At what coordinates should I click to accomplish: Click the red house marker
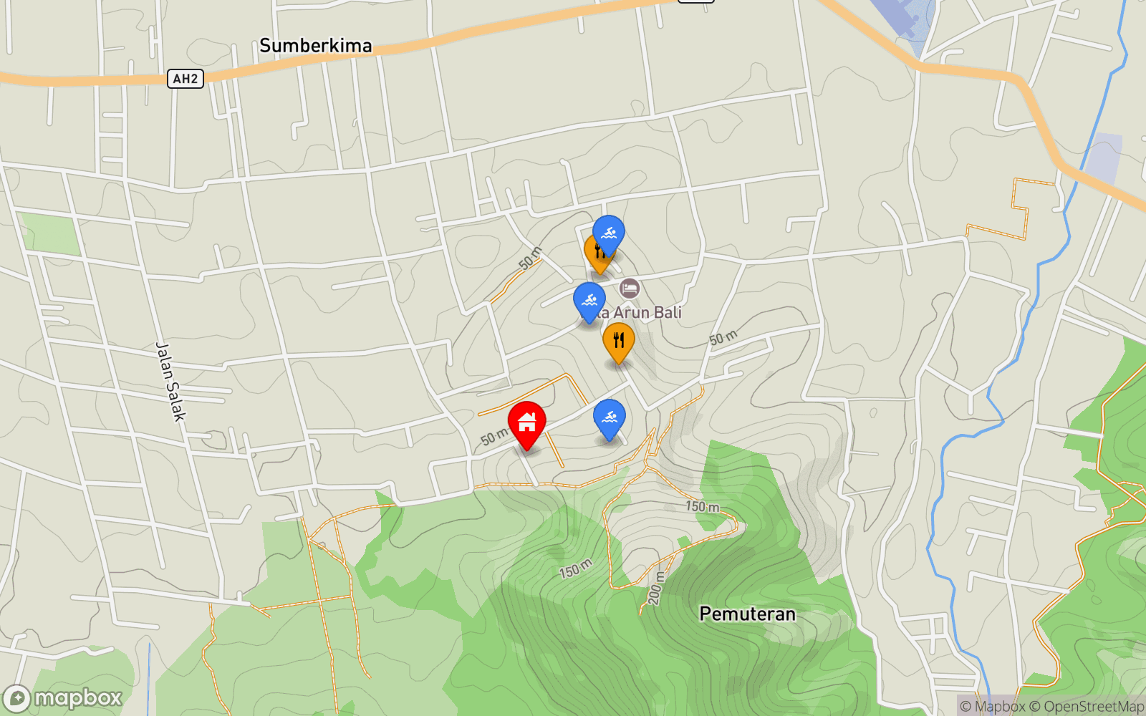(526, 424)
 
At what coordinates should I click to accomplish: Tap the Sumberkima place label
(315, 46)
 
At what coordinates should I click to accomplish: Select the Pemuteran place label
(747, 614)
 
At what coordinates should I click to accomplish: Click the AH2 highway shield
(186, 79)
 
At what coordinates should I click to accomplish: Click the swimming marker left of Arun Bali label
(589, 301)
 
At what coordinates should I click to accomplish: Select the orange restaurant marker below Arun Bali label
(618, 341)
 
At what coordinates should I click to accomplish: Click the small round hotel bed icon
(630, 289)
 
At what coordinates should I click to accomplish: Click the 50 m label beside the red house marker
(493, 436)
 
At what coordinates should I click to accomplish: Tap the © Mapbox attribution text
(992, 707)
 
